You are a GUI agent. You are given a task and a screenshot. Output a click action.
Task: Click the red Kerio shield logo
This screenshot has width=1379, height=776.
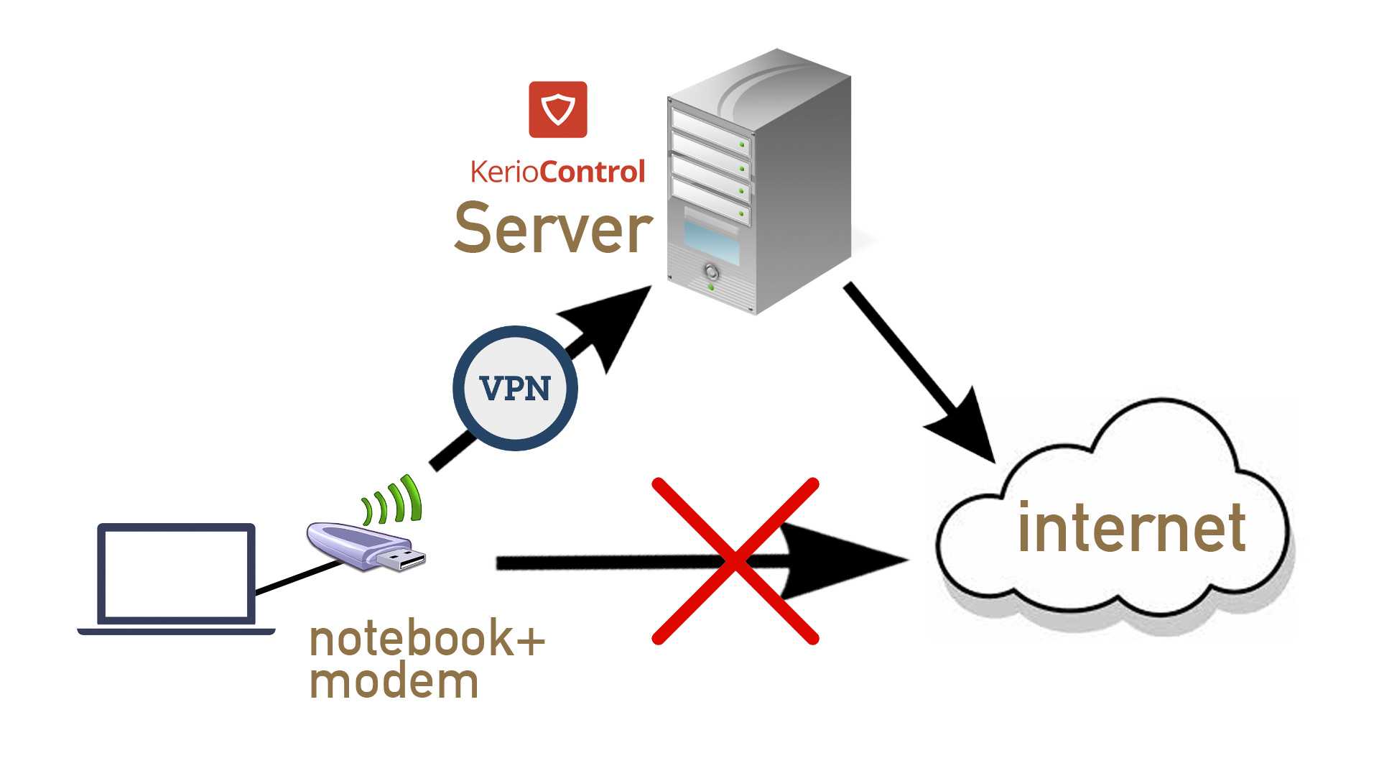558,109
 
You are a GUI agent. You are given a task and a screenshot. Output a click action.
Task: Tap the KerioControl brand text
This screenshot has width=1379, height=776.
558,172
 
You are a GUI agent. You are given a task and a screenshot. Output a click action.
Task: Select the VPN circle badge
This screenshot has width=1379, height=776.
515,388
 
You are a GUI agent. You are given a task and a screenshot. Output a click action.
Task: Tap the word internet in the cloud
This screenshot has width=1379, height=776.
1131,528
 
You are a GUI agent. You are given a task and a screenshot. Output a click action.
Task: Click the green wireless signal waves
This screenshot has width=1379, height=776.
393,499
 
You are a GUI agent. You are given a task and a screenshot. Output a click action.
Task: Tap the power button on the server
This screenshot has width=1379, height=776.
711,272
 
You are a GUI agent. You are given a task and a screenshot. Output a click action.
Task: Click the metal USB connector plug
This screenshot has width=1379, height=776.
407,560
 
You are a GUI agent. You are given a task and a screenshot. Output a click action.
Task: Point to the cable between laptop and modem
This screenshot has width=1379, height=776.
298,578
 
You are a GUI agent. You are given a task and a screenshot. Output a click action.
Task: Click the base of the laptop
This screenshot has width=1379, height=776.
176,632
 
